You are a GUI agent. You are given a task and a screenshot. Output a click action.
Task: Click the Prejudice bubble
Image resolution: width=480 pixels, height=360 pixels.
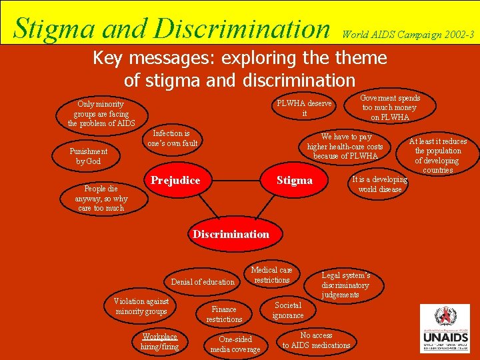175,181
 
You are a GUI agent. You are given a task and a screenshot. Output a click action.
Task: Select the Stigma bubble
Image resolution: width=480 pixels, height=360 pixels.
294,181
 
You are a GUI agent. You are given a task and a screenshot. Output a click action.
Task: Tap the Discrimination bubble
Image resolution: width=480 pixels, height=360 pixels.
231,234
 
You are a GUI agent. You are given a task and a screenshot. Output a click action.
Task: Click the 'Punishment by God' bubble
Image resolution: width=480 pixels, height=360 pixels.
89,156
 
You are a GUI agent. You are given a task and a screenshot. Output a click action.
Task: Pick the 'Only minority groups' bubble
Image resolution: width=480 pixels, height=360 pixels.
101,113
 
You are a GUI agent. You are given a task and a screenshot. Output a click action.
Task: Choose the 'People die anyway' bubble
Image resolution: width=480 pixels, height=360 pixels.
101,198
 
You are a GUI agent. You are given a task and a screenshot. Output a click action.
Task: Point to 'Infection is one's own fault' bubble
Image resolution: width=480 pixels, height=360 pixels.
173,138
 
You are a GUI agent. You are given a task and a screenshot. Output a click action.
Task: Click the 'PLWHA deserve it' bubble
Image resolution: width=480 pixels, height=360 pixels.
305,109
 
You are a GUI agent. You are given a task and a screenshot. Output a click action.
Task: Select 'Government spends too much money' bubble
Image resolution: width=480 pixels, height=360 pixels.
390,107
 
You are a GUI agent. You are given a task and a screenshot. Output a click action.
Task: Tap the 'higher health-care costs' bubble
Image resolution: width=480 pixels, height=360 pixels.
345,146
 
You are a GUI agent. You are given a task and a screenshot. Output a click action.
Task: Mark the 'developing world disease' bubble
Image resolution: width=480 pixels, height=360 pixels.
379,185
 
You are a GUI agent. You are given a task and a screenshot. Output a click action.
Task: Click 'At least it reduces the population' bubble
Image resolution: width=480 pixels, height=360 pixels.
437,155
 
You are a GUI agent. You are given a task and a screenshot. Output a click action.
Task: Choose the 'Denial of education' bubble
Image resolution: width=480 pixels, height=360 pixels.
203,282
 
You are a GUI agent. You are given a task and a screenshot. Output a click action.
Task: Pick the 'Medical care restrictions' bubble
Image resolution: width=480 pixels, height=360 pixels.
271,275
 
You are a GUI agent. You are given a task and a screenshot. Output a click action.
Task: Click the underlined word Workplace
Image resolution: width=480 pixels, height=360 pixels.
160,337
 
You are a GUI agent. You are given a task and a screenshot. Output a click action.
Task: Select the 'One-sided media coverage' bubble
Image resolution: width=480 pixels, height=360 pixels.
235,344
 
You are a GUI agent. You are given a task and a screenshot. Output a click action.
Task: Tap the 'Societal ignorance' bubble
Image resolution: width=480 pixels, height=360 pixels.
288,310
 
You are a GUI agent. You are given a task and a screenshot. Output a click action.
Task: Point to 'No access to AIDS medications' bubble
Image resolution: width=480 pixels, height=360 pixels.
316,340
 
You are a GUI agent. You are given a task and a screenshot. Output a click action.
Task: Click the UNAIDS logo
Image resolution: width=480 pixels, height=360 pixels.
445,329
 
